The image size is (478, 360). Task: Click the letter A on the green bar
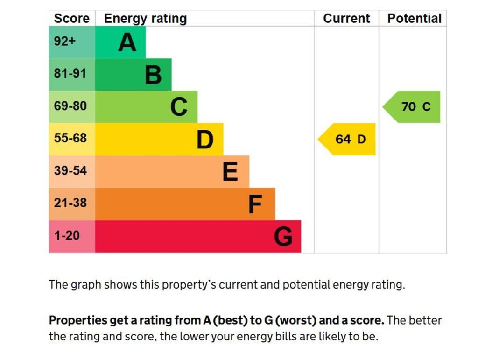tap(127, 42)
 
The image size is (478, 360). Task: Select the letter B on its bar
tap(153, 75)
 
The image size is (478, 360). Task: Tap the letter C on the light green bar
tap(179, 107)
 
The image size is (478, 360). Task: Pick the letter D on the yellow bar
tap(204, 140)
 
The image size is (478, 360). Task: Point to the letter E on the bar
tap(230, 172)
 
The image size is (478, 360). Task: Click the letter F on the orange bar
tap(255, 205)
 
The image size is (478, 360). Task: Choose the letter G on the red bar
tap(283, 237)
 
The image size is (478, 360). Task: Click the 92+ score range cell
tap(65, 42)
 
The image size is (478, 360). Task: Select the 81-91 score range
tap(70, 74)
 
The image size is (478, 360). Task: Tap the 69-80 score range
tap(70, 106)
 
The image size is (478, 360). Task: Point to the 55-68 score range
tap(70, 139)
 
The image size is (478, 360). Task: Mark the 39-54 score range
tap(70, 171)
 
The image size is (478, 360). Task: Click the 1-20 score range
tap(67, 236)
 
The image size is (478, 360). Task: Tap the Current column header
tap(346, 19)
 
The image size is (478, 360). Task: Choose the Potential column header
tap(414, 19)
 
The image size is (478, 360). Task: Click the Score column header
tap(71, 19)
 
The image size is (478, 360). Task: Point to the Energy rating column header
tap(145, 19)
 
